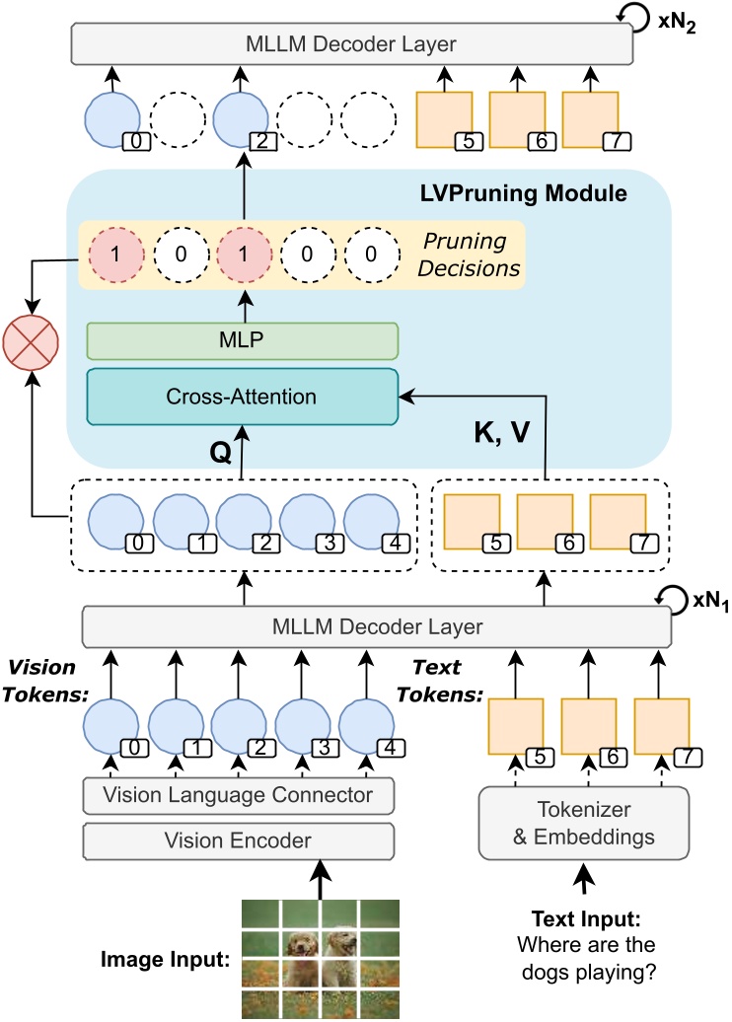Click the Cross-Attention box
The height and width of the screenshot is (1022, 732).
click(242, 397)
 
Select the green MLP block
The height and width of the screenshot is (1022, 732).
click(242, 340)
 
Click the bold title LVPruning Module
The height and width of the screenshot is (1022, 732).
click(525, 193)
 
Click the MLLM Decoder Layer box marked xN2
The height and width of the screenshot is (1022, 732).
click(349, 43)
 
